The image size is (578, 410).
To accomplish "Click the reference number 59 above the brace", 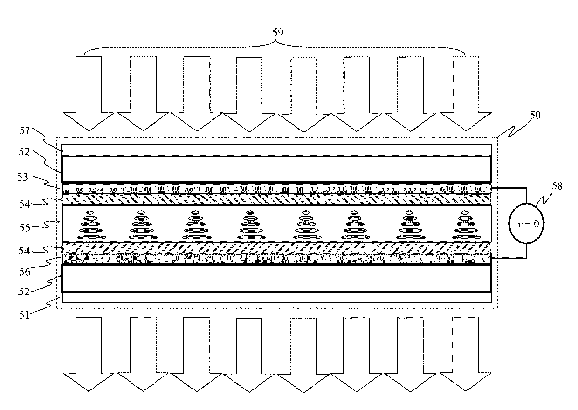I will coord(278,32).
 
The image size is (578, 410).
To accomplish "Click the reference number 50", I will coord(535,115).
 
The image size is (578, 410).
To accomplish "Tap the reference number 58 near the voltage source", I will coord(557,186).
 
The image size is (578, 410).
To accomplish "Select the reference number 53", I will coord(22,177).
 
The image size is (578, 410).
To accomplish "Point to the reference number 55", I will coord(25,228).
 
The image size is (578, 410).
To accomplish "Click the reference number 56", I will coord(25,272).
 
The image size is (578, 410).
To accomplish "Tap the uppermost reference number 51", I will coord(25,131).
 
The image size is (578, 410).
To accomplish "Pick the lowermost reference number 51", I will coord(25,315).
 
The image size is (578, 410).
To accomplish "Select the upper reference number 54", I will coord(25,204).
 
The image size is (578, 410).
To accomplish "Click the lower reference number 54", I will coord(24,251).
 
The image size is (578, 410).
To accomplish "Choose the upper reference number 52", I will coord(24,152).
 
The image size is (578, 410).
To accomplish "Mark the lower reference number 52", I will coord(24,292).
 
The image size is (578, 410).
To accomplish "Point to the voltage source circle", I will coord(526,224).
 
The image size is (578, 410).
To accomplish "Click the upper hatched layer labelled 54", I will coord(276,199).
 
